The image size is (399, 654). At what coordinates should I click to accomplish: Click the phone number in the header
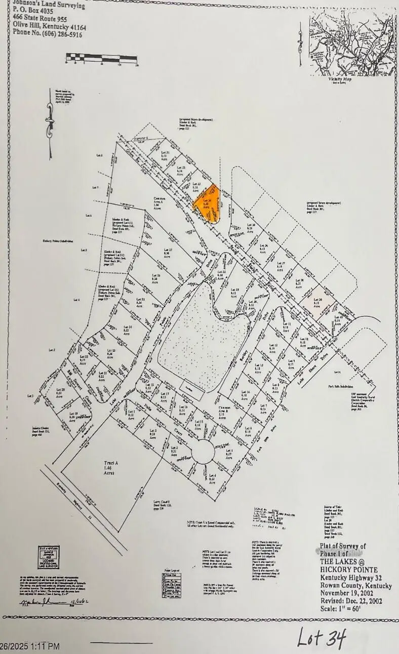coord(48,35)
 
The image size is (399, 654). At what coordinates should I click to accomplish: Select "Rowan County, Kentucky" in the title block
coord(356,586)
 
